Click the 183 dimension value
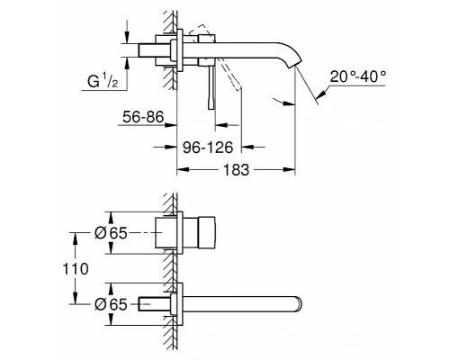click(236, 170)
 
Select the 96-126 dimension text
click(208, 148)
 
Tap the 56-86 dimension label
click(143, 116)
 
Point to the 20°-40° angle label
click(358, 76)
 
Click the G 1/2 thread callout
click(103, 81)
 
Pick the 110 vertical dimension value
click(76, 269)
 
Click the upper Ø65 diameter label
click(111, 233)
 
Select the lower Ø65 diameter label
click(111, 304)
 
